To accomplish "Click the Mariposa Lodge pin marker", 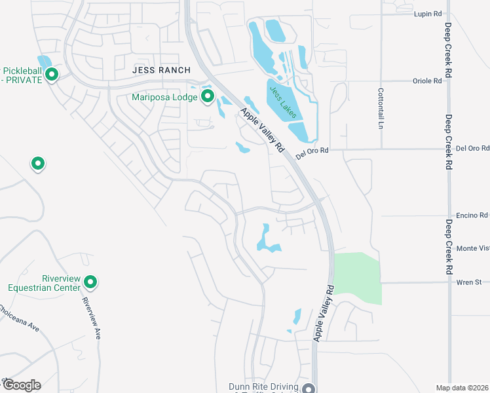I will click(x=208, y=98).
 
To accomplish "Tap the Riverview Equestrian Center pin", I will click(x=90, y=282).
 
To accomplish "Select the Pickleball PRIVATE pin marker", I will click(x=50, y=75).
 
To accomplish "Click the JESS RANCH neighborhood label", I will click(x=161, y=70).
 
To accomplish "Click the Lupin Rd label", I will click(x=428, y=13).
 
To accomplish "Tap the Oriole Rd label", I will click(x=428, y=81).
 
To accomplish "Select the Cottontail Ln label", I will click(x=380, y=108).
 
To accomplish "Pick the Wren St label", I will click(x=469, y=282).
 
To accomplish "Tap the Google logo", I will click(x=22, y=385).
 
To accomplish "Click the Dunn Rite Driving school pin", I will click(x=309, y=388).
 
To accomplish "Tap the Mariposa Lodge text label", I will click(x=164, y=98).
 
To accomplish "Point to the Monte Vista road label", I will click(x=472, y=248).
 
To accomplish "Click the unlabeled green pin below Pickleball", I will click(x=38, y=163).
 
